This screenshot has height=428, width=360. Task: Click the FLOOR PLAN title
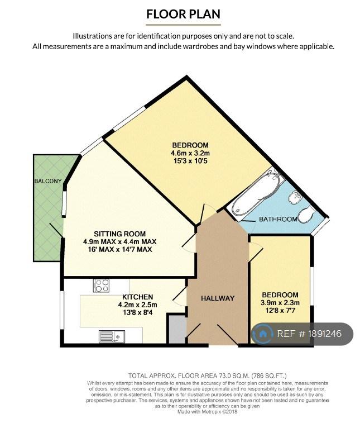click(183, 14)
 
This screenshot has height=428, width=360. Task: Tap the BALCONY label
click(48, 181)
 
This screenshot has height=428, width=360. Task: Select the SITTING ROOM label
click(120, 234)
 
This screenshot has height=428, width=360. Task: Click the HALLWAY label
click(218, 298)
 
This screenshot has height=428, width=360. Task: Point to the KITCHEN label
click(137, 297)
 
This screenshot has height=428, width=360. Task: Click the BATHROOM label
click(278, 219)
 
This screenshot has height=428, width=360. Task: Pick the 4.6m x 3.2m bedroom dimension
click(190, 153)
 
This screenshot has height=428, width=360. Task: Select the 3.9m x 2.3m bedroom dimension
click(280, 303)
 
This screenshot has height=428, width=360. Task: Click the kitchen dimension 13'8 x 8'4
click(138, 312)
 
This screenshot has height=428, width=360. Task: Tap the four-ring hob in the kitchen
click(101, 286)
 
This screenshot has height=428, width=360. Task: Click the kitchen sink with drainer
click(112, 336)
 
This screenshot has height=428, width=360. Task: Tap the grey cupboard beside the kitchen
click(177, 329)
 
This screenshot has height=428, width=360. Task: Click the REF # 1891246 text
click(309, 334)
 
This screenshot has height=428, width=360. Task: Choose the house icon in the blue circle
click(262, 333)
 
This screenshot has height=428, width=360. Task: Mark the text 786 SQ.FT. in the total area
click(269, 376)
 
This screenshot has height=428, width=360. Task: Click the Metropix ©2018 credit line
click(208, 412)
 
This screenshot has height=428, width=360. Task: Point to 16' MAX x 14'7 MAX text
click(120, 249)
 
